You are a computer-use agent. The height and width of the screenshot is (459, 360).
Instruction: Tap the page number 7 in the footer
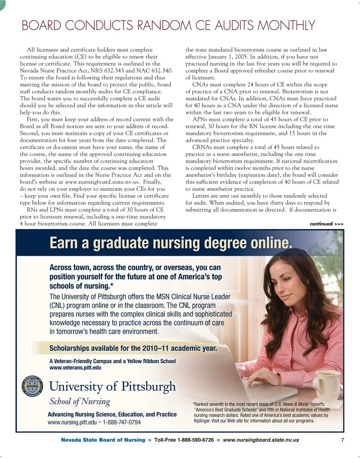[x=342, y=440]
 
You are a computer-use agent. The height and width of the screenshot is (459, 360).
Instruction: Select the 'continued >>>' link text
[x=326, y=224]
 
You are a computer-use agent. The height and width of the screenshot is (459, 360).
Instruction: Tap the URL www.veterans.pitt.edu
[x=75, y=367]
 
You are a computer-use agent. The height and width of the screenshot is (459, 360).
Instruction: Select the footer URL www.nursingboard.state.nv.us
[x=261, y=440]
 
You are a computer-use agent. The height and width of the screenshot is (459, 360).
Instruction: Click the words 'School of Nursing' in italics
[x=80, y=401]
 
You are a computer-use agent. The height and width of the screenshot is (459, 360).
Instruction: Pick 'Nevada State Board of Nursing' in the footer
[x=103, y=440]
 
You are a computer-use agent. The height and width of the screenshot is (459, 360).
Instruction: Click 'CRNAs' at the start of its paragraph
[x=201, y=147]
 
